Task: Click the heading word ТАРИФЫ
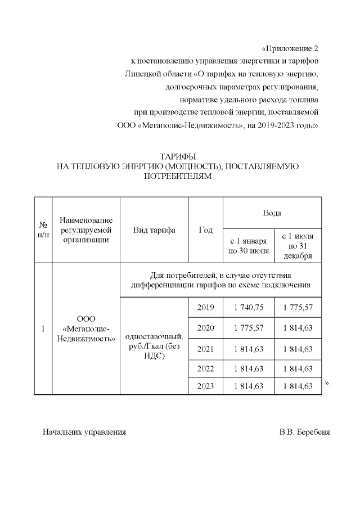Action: point(177,156)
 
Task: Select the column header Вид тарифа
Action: point(154,230)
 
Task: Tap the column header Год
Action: point(206,230)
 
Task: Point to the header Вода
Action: point(272,213)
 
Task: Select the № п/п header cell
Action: point(43,230)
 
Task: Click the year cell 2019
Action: point(205,307)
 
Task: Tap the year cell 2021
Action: point(205,349)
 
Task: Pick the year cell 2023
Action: point(205,386)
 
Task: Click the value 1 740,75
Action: point(249,307)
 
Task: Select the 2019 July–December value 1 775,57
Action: point(298,307)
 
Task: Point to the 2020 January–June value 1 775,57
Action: point(249,328)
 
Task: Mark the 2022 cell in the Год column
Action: point(205,368)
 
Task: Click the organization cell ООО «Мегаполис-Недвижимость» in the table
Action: point(86,328)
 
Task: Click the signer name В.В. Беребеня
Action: point(304,433)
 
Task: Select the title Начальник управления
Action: point(84,433)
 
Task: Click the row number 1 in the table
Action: point(43,328)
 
